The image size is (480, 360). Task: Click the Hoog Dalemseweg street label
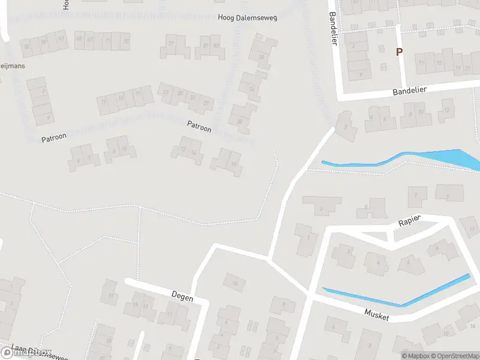pos(247,19)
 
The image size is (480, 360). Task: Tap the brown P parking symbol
pos(399,52)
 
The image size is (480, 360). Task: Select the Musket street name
pos(377,314)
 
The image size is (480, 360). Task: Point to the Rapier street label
pos(410,221)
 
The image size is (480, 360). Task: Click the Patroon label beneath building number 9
pos(54,137)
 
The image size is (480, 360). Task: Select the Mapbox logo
pos(26,353)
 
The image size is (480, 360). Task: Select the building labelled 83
pos(215,45)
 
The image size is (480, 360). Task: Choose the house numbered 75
pos(125,41)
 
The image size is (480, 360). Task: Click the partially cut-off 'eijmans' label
pos(13,66)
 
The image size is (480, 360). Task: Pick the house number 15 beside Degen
pos(136,305)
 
